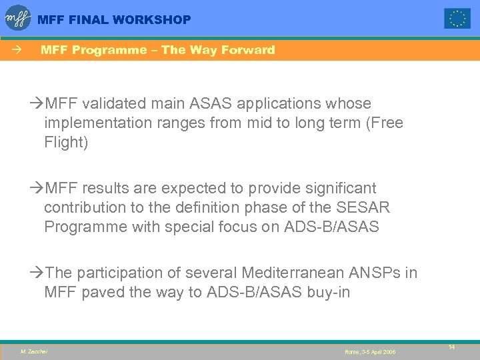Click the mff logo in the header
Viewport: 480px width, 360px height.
coord(18,18)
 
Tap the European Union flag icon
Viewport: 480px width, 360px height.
coord(457,19)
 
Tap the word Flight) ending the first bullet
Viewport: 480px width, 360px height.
coord(66,143)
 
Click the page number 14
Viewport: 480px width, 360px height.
coord(451,347)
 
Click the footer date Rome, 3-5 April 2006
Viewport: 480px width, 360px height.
coord(370,351)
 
